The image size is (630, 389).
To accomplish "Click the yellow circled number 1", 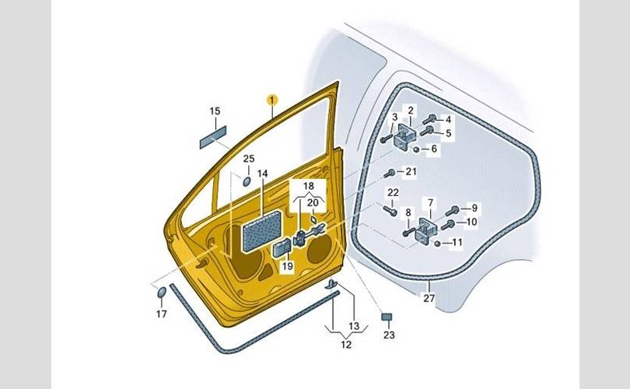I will click(272, 100).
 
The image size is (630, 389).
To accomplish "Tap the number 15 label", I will click(215, 111).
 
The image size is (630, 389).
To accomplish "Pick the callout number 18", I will click(309, 187).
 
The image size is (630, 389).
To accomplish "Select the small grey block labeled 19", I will click(281, 249).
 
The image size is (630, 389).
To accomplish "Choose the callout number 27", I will click(429, 297).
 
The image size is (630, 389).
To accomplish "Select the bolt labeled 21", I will click(390, 173).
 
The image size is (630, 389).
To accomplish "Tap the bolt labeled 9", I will click(453, 210).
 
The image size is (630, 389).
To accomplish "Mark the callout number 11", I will click(457, 242).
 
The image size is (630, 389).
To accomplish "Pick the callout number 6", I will click(434, 149).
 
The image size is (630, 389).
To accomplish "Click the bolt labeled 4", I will click(430, 120).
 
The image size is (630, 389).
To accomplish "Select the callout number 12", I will click(346, 344).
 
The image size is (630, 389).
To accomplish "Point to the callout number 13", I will click(355, 325).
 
